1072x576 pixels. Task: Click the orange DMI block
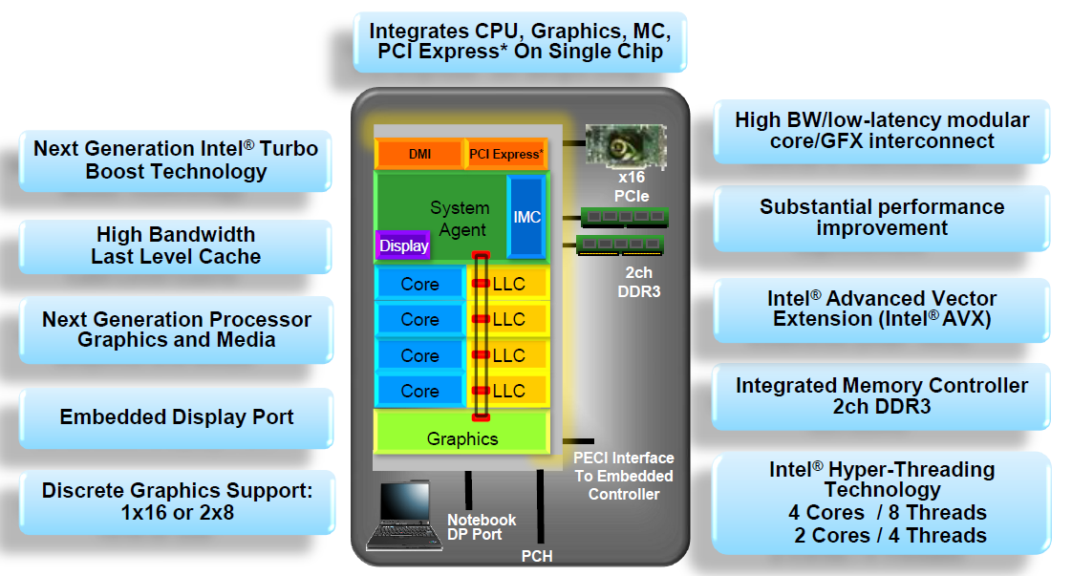pos(419,154)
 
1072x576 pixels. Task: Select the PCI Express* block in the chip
pos(505,154)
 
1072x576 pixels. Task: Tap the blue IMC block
pos(526,217)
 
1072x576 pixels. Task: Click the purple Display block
pos(404,245)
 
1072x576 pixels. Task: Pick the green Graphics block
pos(462,438)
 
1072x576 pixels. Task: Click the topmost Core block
pos(419,284)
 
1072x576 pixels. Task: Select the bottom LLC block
pos(509,391)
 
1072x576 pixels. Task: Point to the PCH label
pos(537,556)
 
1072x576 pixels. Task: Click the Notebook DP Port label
pos(482,526)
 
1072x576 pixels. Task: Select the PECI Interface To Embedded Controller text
pos(623,476)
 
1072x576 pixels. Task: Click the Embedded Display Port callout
pos(177,417)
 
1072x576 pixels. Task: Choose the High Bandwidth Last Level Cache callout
pos(176,245)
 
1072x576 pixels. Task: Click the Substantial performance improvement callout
pos(881,218)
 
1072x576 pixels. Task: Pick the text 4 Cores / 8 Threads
pos(887,512)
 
